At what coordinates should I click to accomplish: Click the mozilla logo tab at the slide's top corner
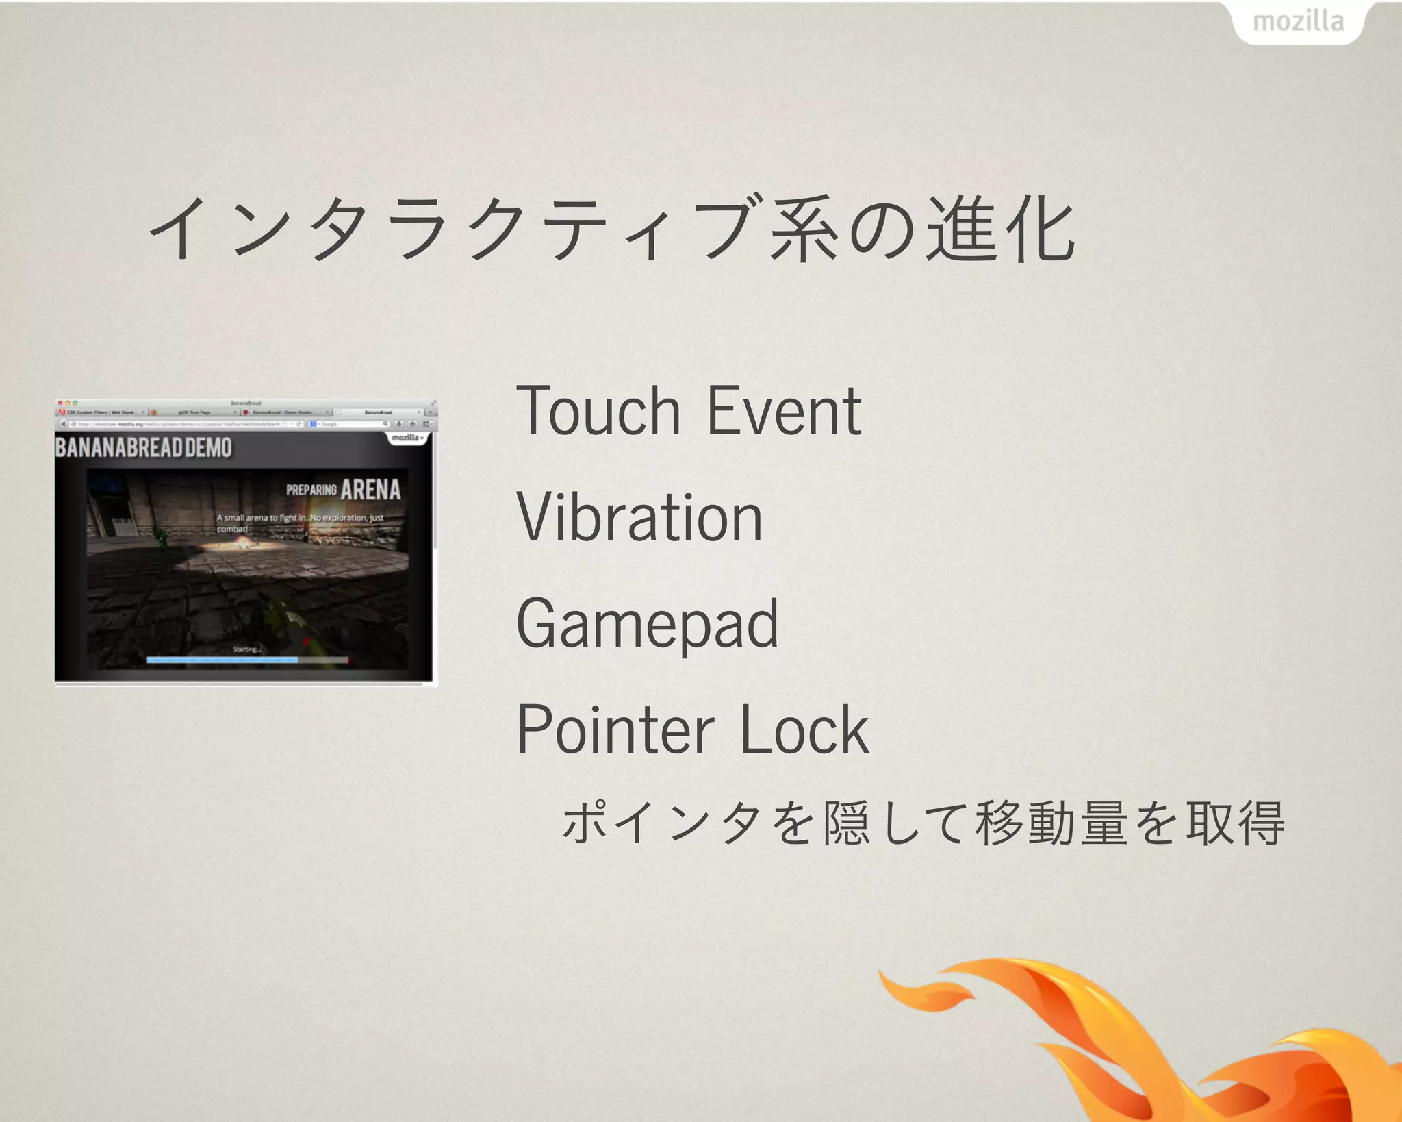(x=1298, y=22)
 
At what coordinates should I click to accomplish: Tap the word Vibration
(x=639, y=518)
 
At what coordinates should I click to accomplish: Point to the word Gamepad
(x=647, y=625)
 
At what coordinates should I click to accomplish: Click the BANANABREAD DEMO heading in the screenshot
(x=144, y=448)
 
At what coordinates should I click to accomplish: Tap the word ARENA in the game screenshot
(x=370, y=490)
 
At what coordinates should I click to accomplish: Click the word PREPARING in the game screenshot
(x=311, y=490)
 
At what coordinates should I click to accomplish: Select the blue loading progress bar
(x=222, y=660)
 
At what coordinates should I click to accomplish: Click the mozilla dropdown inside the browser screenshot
(x=408, y=438)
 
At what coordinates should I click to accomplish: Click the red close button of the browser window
(x=60, y=403)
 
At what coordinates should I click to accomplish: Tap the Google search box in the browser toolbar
(x=349, y=424)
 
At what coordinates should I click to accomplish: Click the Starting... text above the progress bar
(x=246, y=649)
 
